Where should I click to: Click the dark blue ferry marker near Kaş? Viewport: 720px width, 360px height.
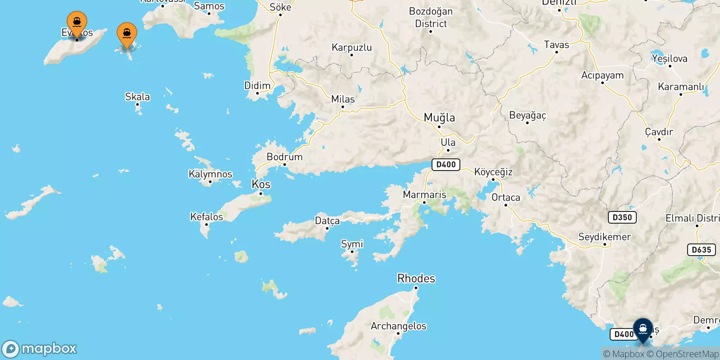pos(643,330)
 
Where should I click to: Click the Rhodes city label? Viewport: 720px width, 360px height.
pos(416,279)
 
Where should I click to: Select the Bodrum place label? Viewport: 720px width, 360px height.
pos(284,157)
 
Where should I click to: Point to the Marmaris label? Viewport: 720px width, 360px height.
pos(424,195)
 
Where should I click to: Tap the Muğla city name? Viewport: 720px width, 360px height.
pos(439,118)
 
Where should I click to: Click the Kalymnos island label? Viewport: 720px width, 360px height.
pos(210,174)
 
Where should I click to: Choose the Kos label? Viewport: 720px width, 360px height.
pos(261,184)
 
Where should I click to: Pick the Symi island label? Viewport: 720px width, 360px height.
pos(352,244)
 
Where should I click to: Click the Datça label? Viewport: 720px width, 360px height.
pos(327,221)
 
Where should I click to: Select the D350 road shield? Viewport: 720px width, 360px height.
pos(622,217)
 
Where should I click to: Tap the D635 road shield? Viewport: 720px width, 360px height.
pos(701,250)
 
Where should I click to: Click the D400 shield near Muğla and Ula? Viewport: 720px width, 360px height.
pos(445,165)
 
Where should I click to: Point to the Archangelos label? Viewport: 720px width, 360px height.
pos(398,326)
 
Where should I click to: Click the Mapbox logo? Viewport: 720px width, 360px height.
pos(40,349)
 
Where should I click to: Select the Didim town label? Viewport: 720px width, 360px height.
pos(257,85)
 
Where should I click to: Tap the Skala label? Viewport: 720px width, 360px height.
pos(137,97)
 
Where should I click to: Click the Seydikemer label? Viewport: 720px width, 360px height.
pos(604,237)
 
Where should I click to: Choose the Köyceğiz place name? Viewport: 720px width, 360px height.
pos(493,172)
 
